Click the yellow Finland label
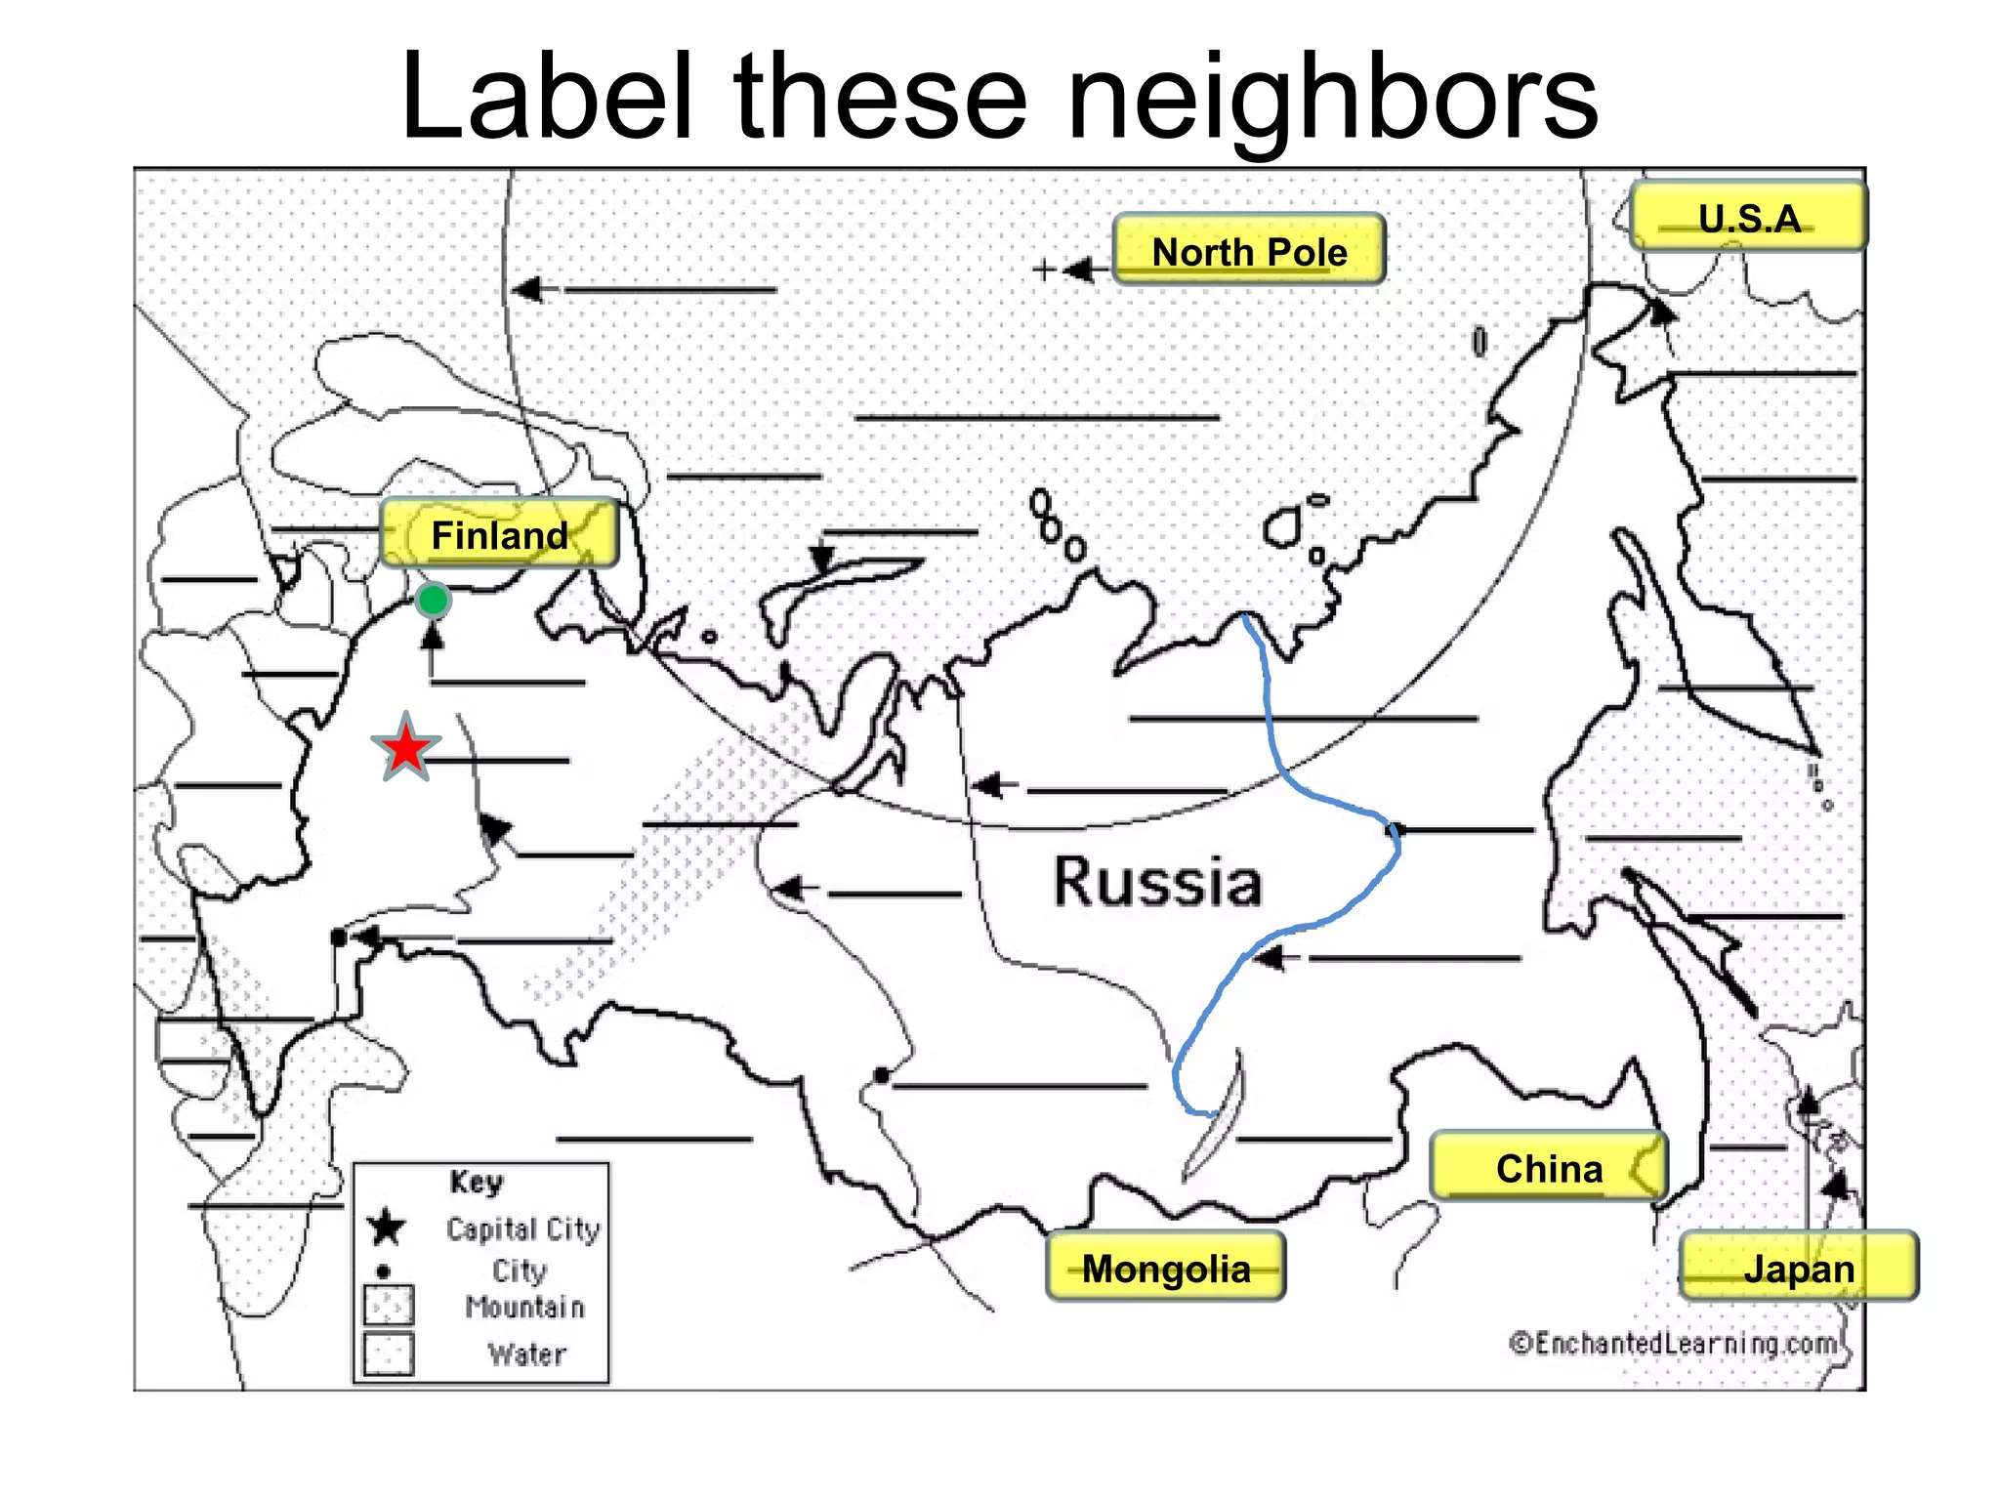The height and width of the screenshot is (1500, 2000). (x=499, y=533)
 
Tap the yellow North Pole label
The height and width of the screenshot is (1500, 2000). (x=1249, y=250)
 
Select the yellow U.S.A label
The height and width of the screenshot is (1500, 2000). (x=1748, y=217)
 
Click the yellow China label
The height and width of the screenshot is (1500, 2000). (x=1549, y=1167)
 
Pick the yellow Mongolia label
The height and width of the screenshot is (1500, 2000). (x=1165, y=1268)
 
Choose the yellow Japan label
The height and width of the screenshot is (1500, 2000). (x=1799, y=1268)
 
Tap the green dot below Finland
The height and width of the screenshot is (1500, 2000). (x=432, y=600)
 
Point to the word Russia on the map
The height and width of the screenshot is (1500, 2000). (x=1157, y=881)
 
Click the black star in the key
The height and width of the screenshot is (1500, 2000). (x=387, y=1227)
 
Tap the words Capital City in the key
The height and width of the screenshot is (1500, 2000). (x=522, y=1229)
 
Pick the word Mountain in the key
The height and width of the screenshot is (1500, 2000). (x=525, y=1307)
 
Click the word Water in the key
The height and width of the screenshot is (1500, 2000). (x=527, y=1354)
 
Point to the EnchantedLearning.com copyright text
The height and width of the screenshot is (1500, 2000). (x=1674, y=1344)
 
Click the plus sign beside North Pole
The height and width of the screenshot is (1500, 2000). (x=1044, y=269)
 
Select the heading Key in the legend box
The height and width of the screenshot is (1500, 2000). (x=477, y=1182)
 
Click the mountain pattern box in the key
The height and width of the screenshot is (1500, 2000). (x=388, y=1305)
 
